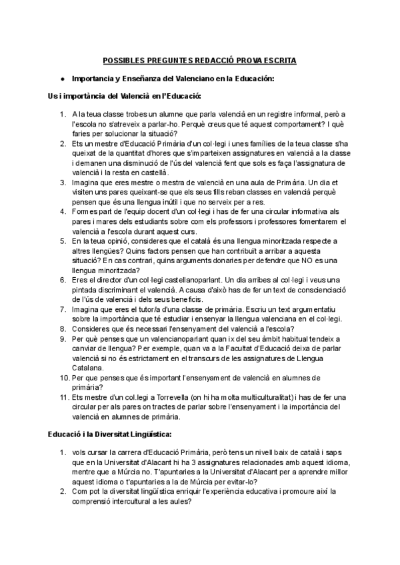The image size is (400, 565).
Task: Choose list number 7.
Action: point(63,309)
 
